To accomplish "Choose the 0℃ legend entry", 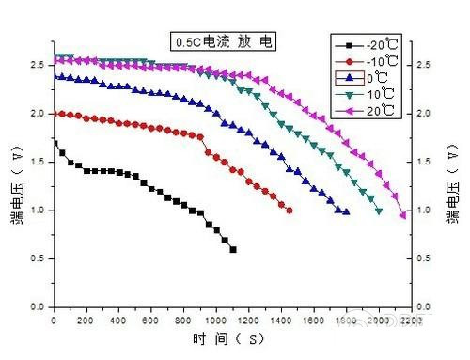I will click(367, 78).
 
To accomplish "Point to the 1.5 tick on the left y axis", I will click(35, 162).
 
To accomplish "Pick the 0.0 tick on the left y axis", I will click(35, 307).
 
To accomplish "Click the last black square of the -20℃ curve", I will click(233, 249).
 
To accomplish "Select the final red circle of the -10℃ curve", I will click(290, 211).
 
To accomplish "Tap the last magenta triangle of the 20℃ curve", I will click(403, 215).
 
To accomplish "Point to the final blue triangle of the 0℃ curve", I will click(347, 211).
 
